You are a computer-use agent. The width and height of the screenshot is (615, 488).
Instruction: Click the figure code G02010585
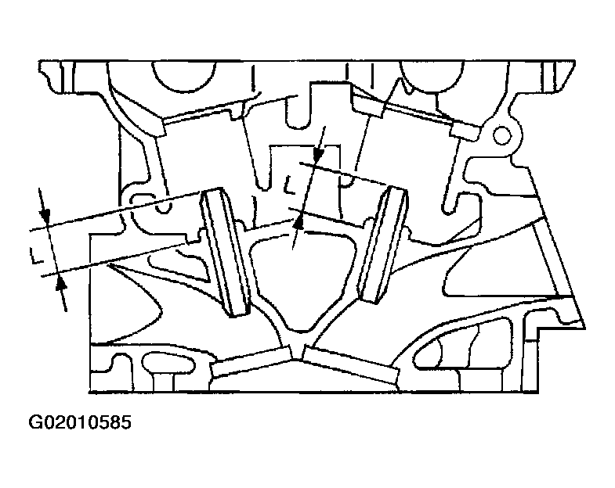click(80, 423)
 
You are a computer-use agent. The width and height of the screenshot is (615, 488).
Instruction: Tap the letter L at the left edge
click(37, 254)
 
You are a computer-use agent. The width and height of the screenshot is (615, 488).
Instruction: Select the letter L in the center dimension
click(290, 185)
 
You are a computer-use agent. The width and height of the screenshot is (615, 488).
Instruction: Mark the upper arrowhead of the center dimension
click(319, 154)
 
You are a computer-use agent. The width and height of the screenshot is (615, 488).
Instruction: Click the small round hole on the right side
click(501, 135)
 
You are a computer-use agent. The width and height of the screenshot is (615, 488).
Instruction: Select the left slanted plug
click(226, 252)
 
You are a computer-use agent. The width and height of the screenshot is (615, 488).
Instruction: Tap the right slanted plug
click(384, 244)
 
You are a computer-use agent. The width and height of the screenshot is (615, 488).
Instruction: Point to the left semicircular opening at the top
click(183, 77)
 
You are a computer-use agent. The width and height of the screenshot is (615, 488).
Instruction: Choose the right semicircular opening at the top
click(432, 77)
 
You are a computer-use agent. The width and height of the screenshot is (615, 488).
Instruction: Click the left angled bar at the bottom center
click(251, 361)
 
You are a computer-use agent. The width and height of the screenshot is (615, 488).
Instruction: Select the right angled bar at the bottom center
click(351, 364)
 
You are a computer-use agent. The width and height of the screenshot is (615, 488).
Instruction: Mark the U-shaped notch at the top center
click(298, 113)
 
